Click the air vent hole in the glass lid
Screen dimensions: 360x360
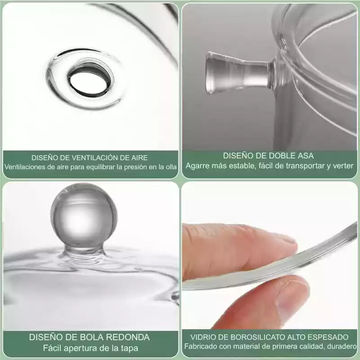pos(90,79)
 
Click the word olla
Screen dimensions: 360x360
pos(171,167)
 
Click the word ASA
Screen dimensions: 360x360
pos(306,156)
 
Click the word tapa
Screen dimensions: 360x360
pos(130,348)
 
